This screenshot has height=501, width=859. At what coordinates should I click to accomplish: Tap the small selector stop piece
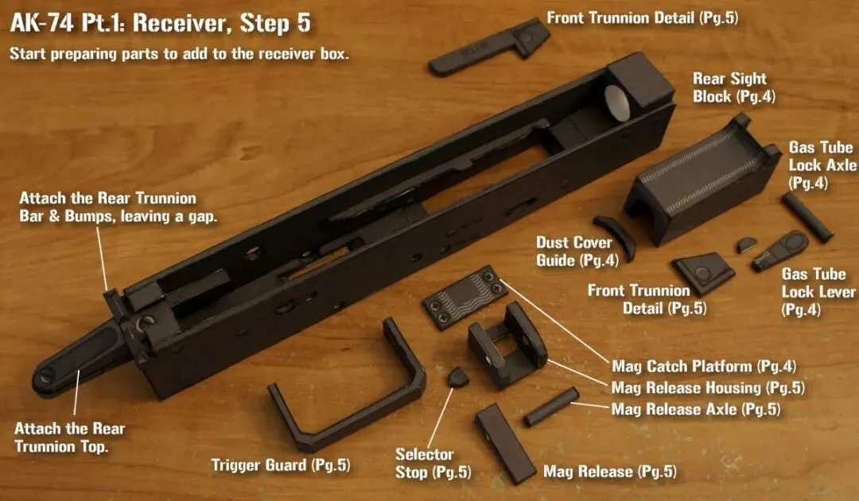(x=458, y=377)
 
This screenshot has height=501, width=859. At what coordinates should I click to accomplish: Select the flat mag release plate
(x=504, y=443)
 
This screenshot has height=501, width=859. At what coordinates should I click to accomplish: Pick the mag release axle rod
(x=551, y=406)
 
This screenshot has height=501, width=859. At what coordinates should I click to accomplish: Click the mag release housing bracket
(x=507, y=345)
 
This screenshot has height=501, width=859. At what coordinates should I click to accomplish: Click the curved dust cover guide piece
(x=616, y=235)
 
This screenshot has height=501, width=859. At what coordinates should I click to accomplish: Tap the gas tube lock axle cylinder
(x=807, y=217)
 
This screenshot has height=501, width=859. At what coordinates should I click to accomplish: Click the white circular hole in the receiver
(x=618, y=102)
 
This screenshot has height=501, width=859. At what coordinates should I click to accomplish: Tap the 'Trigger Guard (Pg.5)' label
(x=281, y=465)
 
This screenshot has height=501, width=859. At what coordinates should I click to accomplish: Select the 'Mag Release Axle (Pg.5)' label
(x=696, y=409)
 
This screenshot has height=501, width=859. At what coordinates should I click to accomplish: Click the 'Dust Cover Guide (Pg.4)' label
(x=577, y=251)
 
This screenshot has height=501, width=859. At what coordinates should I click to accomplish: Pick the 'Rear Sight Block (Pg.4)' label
(x=734, y=87)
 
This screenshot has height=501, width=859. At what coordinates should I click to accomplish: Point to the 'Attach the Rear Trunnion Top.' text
(x=69, y=437)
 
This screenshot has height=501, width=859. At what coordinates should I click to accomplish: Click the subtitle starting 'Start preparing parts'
(x=179, y=53)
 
